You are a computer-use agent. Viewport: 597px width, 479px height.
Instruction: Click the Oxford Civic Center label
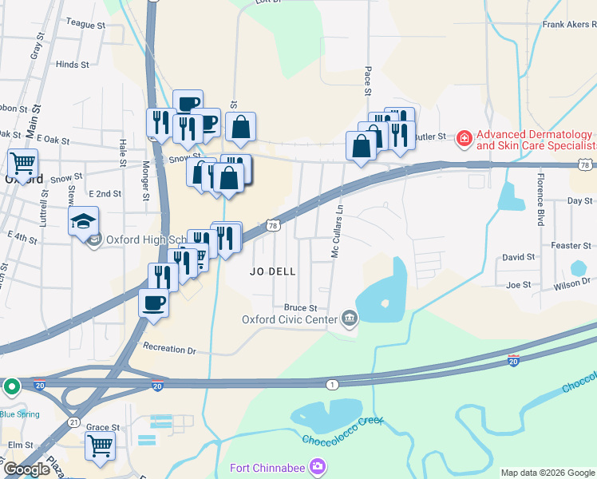[291, 320]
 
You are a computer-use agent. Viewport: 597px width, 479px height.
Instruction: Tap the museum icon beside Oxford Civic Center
[350, 319]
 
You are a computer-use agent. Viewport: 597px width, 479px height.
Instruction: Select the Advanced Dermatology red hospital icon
[463, 140]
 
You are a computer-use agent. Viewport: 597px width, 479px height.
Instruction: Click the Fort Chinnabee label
[267, 468]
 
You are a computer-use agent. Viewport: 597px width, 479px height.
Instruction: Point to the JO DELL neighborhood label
[273, 271]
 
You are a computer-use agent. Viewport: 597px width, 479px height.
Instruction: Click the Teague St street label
[87, 25]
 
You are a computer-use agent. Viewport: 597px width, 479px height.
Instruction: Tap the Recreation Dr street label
[169, 348]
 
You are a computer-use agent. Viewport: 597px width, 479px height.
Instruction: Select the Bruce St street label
[301, 307]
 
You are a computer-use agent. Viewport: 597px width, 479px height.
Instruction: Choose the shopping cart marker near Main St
[23, 163]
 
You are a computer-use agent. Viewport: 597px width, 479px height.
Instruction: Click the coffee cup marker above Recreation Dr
[154, 303]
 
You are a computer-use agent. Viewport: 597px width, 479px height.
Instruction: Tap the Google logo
[26, 469]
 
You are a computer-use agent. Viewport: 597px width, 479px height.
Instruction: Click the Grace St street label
[103, 428]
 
